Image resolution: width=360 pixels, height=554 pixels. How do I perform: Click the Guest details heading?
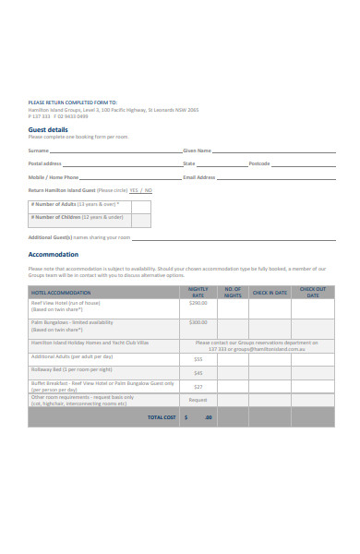(48, 130)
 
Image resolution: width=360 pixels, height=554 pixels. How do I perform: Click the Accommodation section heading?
(54, 254)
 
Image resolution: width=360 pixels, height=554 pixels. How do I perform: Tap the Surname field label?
(38, 150)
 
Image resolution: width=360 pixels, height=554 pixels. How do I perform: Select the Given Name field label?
(198, 150)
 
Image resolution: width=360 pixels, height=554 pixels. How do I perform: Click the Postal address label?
(45, 163)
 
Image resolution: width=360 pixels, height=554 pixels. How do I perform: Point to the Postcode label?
(259, 163)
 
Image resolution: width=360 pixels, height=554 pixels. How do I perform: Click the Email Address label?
(199, 176)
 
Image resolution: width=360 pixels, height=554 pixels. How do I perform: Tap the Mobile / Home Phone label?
(54, 176)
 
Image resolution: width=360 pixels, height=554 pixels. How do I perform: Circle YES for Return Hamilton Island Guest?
(134, 190)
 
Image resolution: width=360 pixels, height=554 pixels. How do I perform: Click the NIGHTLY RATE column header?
(198, 293)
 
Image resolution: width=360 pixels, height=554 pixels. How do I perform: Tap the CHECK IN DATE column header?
(270, 293)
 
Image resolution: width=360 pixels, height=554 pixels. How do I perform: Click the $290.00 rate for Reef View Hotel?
(198, 303)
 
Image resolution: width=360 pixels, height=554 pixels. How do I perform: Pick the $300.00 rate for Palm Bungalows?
(198, 322)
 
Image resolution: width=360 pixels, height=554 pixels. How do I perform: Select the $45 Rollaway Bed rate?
(198, 373)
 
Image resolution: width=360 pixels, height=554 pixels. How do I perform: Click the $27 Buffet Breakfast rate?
(198, 387)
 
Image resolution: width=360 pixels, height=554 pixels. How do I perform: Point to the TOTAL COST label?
(162, 417)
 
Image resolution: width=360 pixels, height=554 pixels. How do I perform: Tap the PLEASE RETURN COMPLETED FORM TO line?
(73, 102)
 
